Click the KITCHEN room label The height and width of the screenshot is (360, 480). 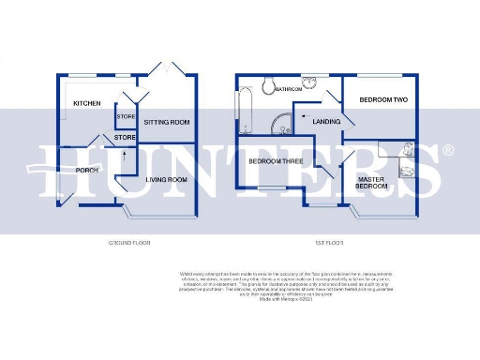87,104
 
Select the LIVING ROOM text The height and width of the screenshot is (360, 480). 166,179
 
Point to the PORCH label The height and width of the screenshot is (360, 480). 88,170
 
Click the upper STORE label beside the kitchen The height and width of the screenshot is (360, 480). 126,116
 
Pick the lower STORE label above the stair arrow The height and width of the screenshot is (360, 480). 126,138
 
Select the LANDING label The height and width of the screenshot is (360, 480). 326,121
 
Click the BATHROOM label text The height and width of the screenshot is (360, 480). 288,89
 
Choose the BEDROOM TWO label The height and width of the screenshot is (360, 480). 382,98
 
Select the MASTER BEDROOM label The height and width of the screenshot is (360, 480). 371,181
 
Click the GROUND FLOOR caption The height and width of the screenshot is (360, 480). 129,243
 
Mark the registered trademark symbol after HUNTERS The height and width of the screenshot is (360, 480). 447,150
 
